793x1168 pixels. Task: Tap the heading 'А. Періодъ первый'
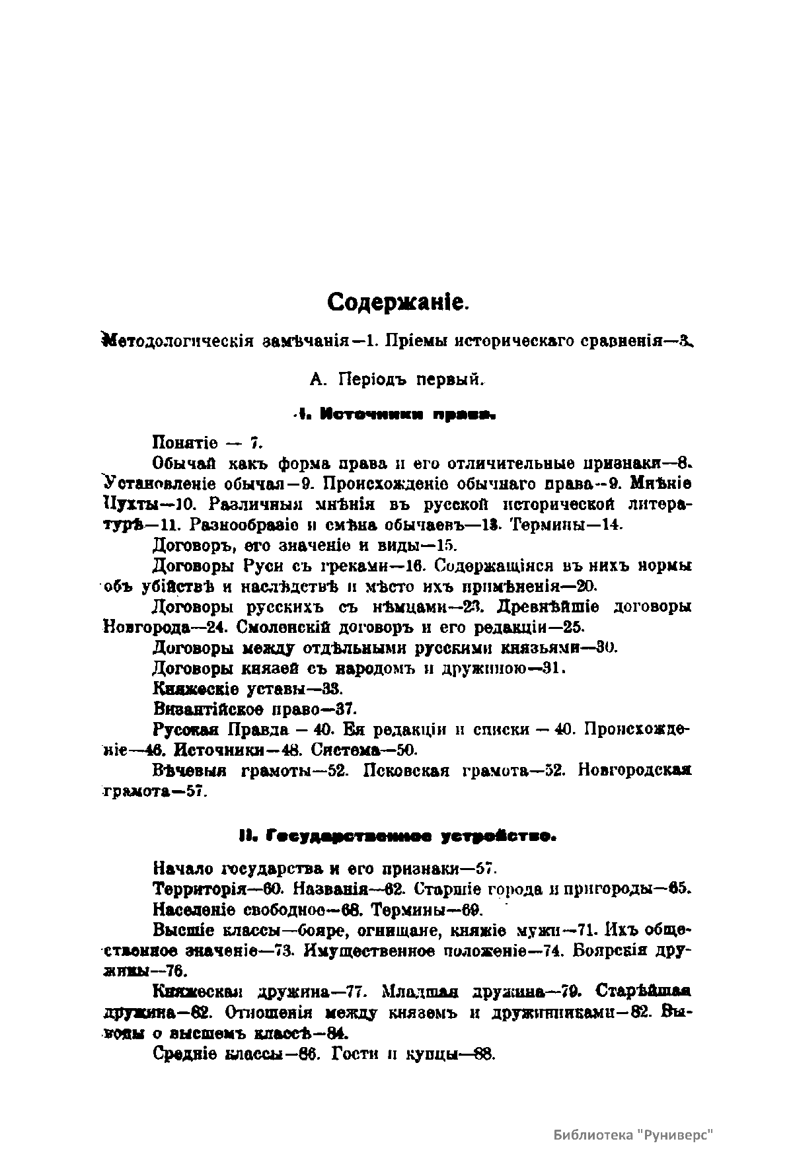point(397,380)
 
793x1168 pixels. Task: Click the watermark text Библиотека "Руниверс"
point(635,1134)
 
